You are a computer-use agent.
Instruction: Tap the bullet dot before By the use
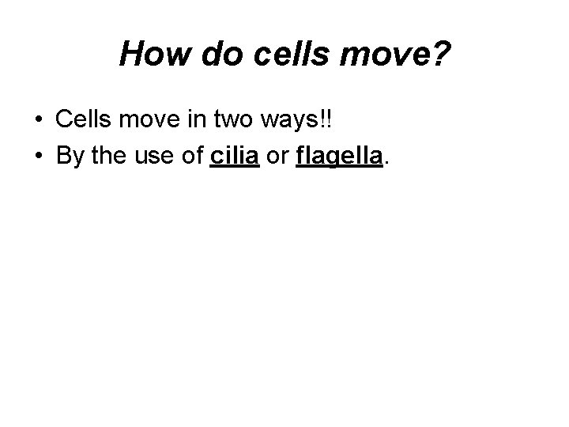(x=39, y=157)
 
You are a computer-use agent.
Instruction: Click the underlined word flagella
(x=339, y=157)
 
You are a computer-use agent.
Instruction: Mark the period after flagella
(x=386, y=163)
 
